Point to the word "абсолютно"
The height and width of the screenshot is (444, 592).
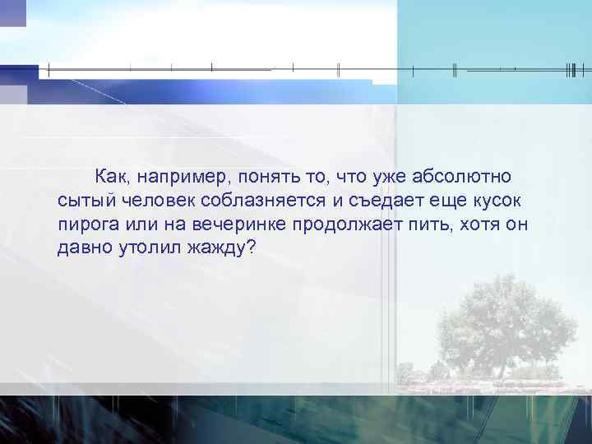(x=464, y=176)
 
